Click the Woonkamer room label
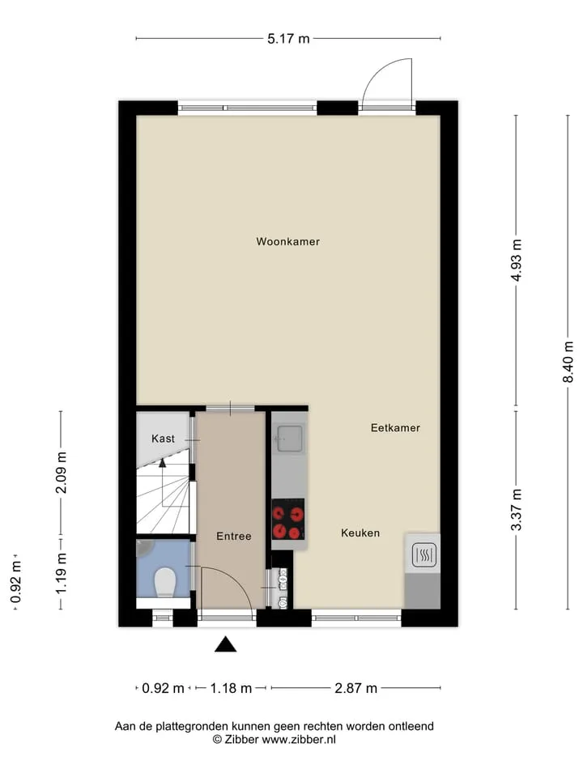287,241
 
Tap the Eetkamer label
395,427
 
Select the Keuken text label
360,533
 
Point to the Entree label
233,536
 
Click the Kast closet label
163,439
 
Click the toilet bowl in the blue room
165,582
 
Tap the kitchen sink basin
290,438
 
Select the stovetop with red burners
288,519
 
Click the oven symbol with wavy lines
423,555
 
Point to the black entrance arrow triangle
226,643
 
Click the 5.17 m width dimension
288,38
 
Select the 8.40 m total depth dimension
568,362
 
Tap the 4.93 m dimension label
516,260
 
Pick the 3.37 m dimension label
516,509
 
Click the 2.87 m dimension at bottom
356,688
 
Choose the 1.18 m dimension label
231,688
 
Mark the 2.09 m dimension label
61,473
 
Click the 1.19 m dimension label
61,573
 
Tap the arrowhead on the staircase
162,462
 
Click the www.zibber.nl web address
299,739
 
